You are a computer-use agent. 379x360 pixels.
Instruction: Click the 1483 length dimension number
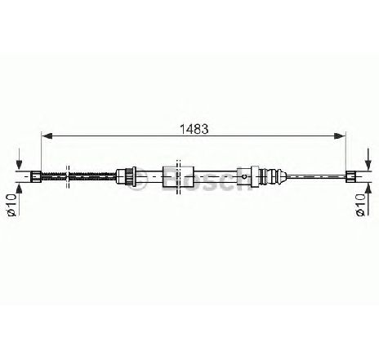pyautogui.click(x=194, y=129)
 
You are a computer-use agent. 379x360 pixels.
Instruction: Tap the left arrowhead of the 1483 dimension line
pyautogui.click(x=47, y=136)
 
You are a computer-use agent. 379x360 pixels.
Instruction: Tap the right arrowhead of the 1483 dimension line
pyautogui.click(x=340, y=136)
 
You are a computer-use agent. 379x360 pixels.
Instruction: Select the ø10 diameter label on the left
pyautogui.click(x=11, y=204)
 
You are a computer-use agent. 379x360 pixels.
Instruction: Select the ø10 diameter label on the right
pyautogui.click(x=360, y=204)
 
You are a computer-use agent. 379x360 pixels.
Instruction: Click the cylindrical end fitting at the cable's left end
pyautogui.click(x=36, y=176)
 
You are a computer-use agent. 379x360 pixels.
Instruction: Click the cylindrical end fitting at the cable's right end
pyautogui.click(x=350, y=176)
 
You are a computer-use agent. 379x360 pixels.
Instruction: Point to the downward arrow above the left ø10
pyautogui.click(x=19, y=159)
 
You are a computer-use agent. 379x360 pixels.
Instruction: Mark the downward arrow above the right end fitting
pyautogui.click(x=368, y=159)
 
